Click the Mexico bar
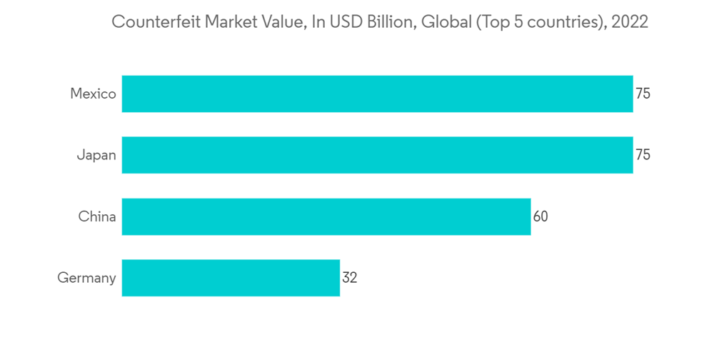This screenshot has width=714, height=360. click(377, 94)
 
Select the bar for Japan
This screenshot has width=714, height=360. click(377, 155)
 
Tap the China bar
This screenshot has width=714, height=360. click(326, 216)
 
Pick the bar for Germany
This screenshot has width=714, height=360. click(231, 278)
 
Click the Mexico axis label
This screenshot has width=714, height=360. click(93, 94)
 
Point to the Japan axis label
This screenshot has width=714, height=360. click(96, 155)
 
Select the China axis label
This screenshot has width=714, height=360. click(97, 216)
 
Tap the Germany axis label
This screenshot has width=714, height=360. click(86, 278)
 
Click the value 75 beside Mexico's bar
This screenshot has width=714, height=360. click(643, 94)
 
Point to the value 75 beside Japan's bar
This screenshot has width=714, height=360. click(643, 155)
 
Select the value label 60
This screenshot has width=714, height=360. click(540, 216)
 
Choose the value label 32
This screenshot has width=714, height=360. click(349, 278)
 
